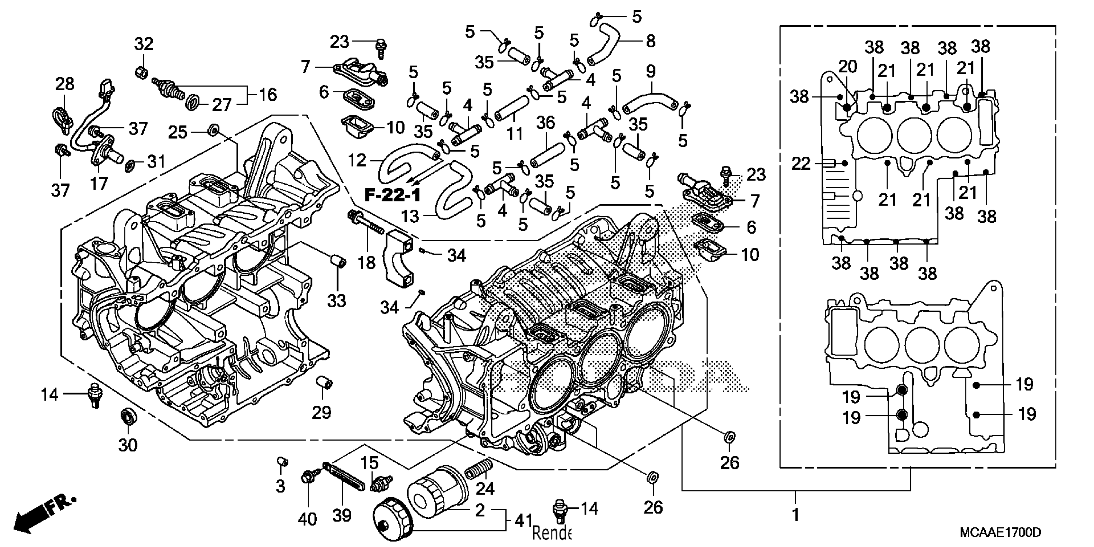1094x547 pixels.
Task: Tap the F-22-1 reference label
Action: (x=393, y=195)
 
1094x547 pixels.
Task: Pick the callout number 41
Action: (x=524, y=520)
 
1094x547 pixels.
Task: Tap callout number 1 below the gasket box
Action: (x=795, y=515)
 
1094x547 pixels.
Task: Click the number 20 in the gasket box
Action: (x=847, y=67)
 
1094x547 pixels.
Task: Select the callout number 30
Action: (x=127, y=445)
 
